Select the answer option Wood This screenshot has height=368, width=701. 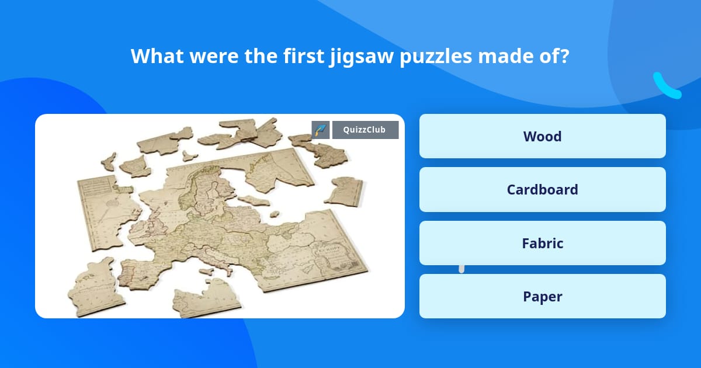542,136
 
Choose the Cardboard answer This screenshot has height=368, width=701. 542,189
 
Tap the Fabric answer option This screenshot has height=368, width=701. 542,243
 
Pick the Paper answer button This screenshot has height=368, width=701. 542,296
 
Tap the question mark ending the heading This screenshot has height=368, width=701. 564,56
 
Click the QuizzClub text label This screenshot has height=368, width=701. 365,130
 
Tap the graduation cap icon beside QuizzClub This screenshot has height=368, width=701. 321,130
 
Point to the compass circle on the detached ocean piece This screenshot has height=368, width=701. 112,203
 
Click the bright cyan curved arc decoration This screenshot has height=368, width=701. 666,86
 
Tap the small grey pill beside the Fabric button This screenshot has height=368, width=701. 461,268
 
